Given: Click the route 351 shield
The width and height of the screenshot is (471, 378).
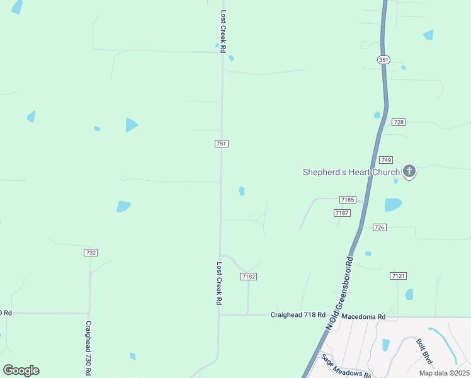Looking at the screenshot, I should click(383, 60).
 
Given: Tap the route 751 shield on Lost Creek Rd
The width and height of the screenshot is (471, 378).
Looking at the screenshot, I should click(221, 144).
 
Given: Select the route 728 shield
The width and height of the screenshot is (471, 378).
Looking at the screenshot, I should click(398, 122).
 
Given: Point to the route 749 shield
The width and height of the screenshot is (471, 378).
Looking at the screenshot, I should click(386, 160).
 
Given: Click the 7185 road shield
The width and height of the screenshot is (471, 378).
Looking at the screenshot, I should click(348, 200).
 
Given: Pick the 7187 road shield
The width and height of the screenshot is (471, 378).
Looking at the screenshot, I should click(342, 213).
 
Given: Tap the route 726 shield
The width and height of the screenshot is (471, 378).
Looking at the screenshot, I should click(379, 227).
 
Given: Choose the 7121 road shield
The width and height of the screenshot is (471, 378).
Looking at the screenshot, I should click(398, 276).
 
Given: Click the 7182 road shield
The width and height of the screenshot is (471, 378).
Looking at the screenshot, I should click(249, 277).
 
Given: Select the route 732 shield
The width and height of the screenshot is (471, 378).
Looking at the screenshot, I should click(91, 253).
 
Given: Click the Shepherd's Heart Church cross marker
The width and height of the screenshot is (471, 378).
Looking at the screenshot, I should click(409, 171).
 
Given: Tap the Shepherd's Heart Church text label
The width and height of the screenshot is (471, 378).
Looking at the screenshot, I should click(351, 172).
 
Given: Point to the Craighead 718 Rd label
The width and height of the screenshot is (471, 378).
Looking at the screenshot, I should click(298, 314).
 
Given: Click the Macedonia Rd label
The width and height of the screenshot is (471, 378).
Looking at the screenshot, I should click(363, 316).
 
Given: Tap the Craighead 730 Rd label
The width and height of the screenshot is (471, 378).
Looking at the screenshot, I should click(89, 348).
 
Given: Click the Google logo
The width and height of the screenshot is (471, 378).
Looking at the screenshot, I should click(21, 370).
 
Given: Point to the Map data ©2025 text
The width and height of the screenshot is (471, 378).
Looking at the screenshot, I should click(443, 373).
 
